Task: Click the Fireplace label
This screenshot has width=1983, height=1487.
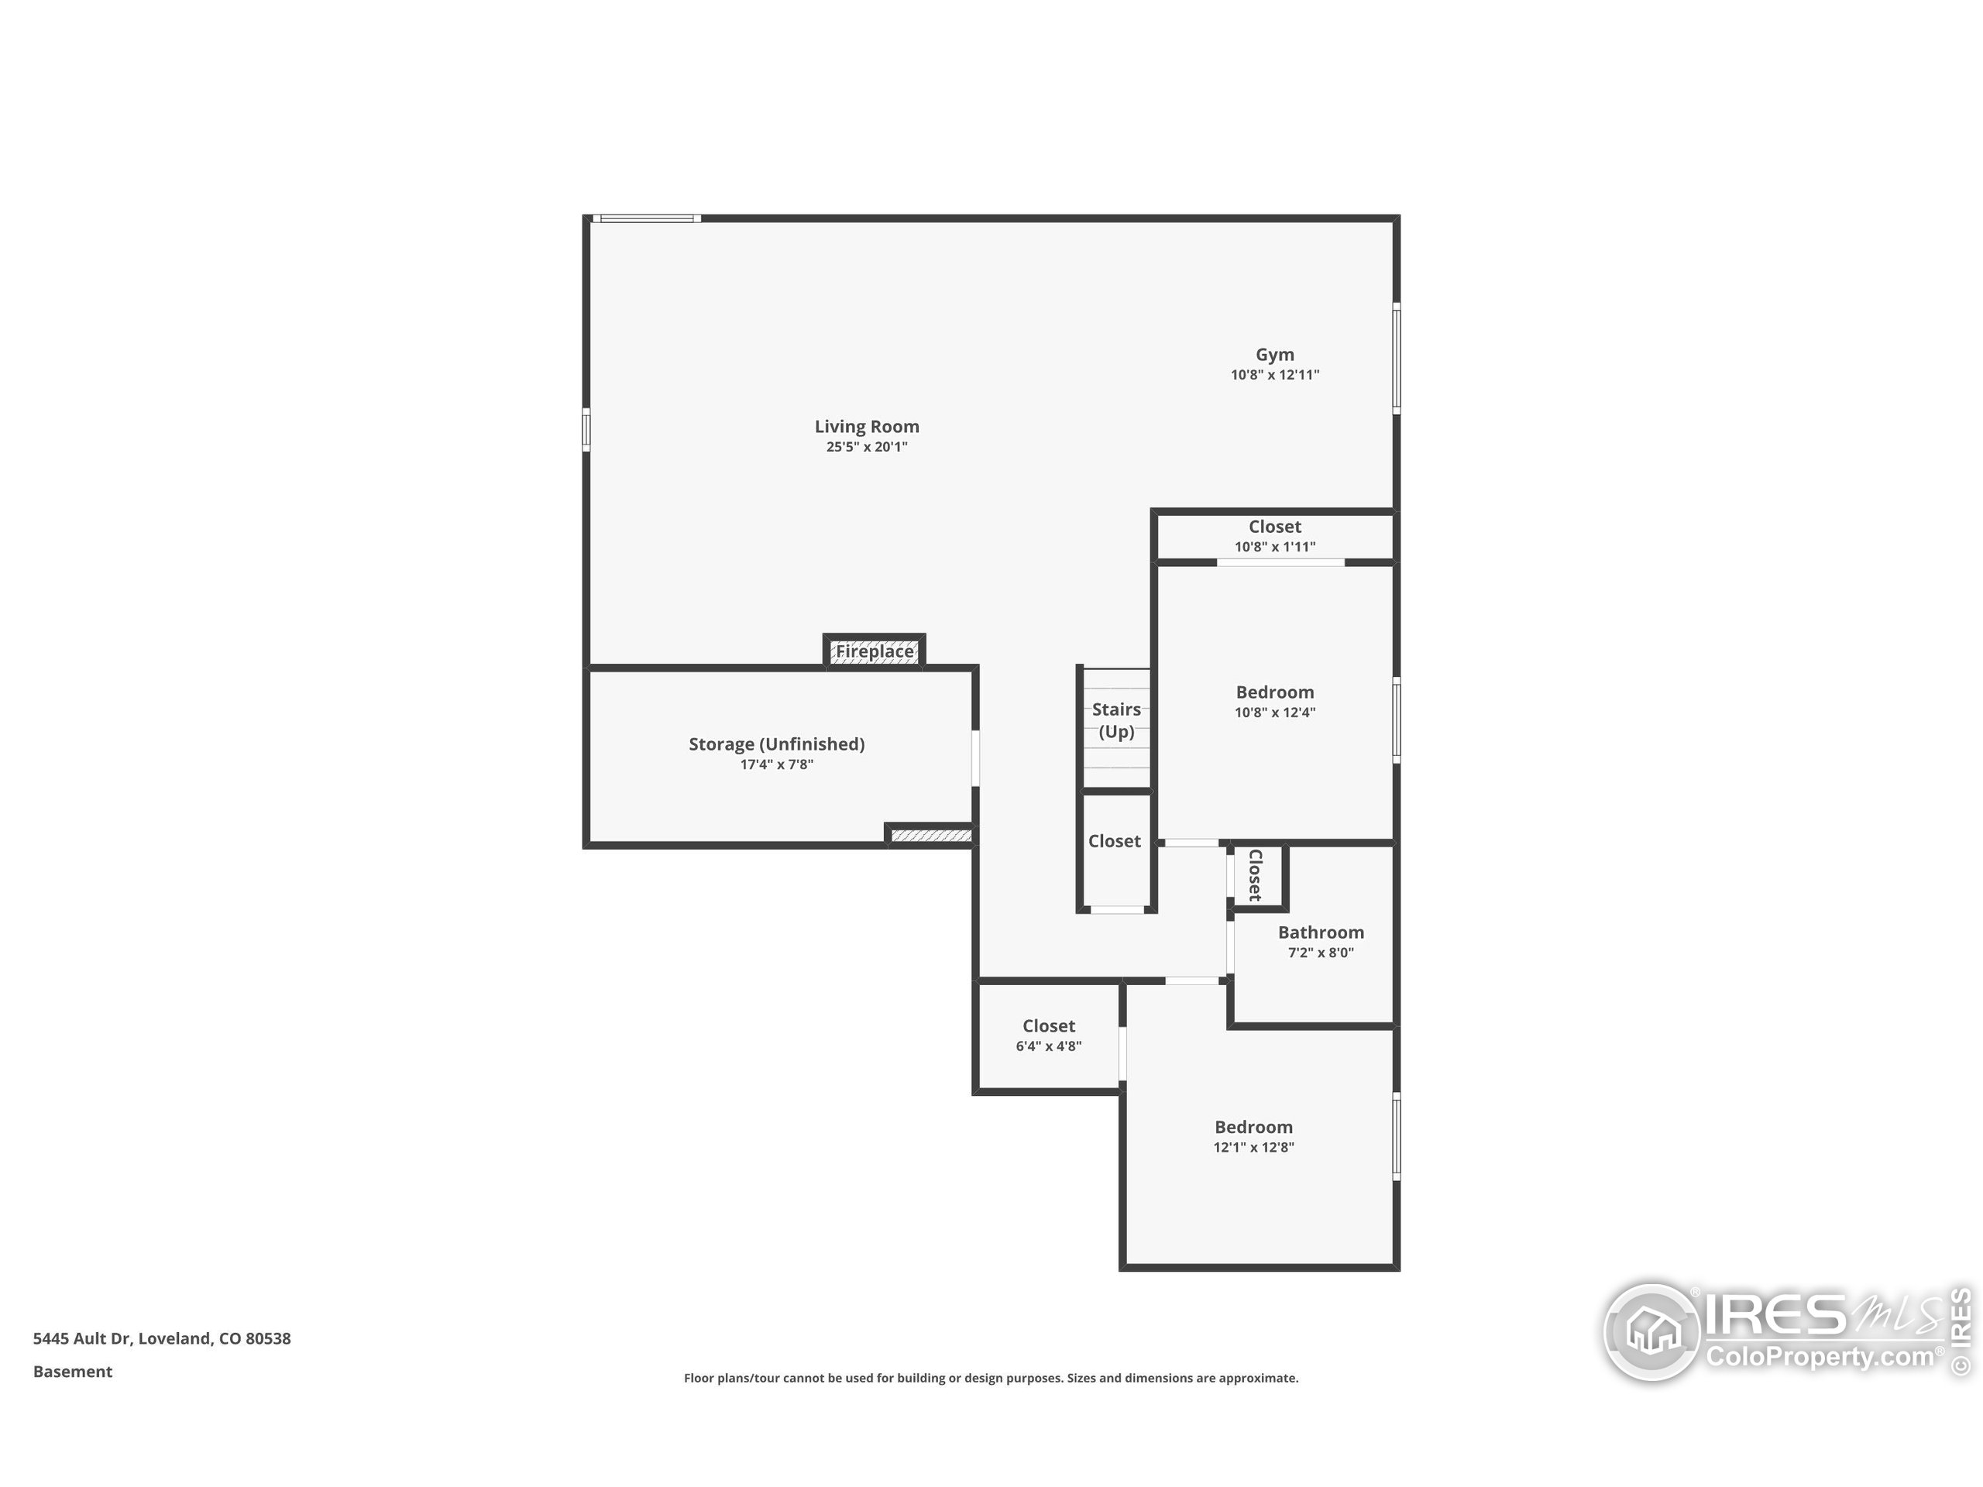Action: (x=874, y=651)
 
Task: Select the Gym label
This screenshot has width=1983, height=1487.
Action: (x=1274, y=355)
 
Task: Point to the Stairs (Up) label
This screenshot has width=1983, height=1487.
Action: (x=1116, y=720)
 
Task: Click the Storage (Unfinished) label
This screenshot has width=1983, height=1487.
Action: (x=776, y=744)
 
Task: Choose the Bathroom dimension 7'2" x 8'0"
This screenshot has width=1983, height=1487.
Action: (x=1321, y=953)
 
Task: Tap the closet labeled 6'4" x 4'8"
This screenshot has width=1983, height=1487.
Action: (x=1048, y=1035)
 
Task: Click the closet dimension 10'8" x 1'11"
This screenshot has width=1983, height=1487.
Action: (x=1275, y=547)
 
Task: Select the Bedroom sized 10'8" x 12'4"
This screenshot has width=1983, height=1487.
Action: (x=1275, y=701)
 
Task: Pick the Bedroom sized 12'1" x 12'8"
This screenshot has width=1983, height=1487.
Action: (x=1253, y=1135)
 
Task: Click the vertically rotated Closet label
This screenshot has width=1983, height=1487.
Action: (x=1255, y=875)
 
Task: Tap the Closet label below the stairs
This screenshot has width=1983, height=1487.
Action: (x=1115, y=841)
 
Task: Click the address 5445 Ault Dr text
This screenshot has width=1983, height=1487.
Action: (x=161, y=1338)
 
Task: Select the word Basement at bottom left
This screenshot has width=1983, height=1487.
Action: (x=73, y=1372)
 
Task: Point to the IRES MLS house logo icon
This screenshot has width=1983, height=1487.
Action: (x=1652, y=1332)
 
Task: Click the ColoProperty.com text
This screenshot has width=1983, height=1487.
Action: (x=1820, y=1356)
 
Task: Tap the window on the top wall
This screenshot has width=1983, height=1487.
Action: (x=645, y=218)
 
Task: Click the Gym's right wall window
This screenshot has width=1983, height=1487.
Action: (x=1396, y=359)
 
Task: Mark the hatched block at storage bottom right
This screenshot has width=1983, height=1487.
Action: (x=930, y=836)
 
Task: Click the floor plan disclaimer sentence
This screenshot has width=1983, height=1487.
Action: (x=991, y=1378)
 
